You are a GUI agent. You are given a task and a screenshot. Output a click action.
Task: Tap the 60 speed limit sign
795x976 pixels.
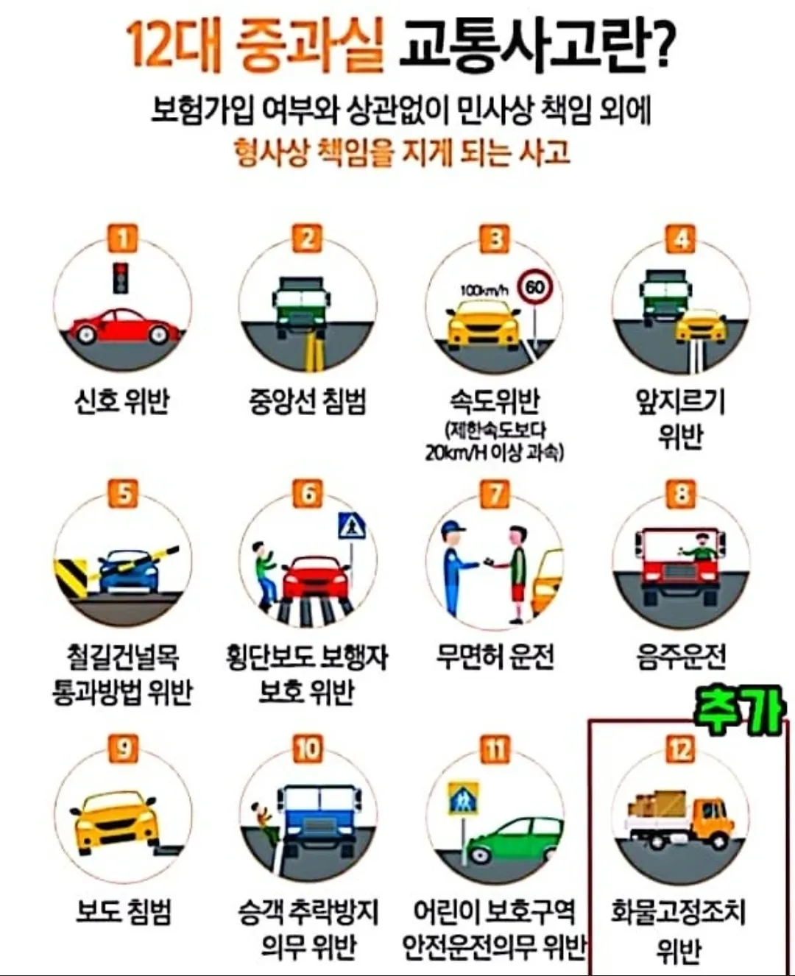coord(535,287)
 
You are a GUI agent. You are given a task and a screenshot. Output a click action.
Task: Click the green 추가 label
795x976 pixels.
coord(739,710)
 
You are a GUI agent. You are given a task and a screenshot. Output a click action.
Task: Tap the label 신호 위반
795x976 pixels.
coord(122,402)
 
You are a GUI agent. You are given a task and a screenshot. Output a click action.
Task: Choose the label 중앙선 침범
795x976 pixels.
coord(308,402)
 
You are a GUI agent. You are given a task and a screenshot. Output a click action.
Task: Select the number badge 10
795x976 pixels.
coord(308,749)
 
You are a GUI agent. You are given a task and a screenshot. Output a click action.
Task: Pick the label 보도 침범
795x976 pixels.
coord(123,911)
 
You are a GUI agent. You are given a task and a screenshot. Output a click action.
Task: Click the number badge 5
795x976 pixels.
coord(123,493)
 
